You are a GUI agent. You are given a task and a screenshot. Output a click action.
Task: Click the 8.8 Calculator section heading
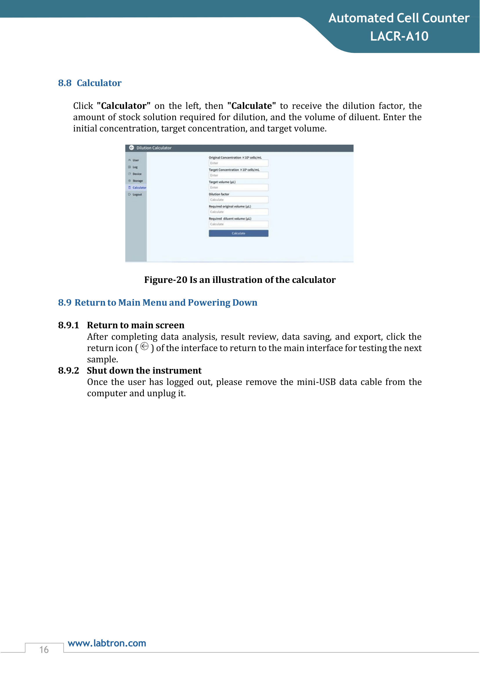[x=90, y=83]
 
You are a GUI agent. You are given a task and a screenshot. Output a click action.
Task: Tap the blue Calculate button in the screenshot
[x=238, y=233]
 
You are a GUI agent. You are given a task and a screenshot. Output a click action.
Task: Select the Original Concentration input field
[x=238, y=163]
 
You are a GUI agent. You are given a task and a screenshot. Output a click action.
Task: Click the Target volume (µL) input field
[x=238, y=188]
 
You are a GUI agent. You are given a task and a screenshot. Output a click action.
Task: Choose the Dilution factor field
[x=238, y=200]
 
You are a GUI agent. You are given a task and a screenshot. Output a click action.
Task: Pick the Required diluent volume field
[x=238, y=224]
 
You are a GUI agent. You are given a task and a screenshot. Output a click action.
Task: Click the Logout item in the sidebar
[x=137, y=195]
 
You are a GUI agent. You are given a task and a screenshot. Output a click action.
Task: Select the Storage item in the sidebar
[x=137, y=181]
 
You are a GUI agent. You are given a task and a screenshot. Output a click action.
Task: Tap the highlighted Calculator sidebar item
[x=139, y=188]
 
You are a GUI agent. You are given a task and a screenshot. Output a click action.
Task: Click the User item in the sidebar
[x=135, y=160]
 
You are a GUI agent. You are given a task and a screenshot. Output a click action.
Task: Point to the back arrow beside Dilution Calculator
[x=131, y=148]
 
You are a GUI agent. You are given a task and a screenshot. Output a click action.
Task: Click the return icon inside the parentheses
[x=144, y=346]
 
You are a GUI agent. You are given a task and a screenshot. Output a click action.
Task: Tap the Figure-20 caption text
[x=240, y=280]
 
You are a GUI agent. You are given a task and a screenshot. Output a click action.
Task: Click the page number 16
[x=44, y=650]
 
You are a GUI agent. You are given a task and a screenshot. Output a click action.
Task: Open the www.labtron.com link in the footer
[x=107, y=643]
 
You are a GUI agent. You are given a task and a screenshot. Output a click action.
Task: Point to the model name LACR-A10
[x=399, y=36]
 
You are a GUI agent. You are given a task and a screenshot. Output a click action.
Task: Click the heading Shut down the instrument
[x=144, y=370]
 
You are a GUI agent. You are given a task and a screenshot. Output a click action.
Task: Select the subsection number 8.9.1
[x=68, y=325]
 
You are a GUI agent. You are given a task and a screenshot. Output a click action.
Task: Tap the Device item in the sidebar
[x=137, y=174]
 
